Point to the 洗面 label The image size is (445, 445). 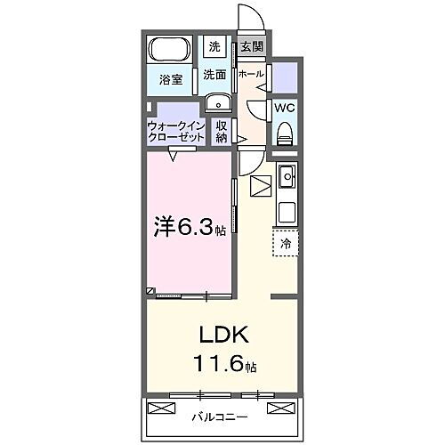pyautogui.click(x=214, y=75)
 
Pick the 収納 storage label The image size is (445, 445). pyautogui.click(x=222, y=132)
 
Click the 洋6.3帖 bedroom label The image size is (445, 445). pyautogui.click(x=189, y=228)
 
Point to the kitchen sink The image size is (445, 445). pyautogui.click(x=287, y=179)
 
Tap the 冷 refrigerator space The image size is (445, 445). pyautogui.click(x=286, y=242)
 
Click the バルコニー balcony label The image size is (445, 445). pyautogui.click(x=219, y=416)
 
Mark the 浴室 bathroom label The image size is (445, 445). pyautogui.click(x=171, y=79)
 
